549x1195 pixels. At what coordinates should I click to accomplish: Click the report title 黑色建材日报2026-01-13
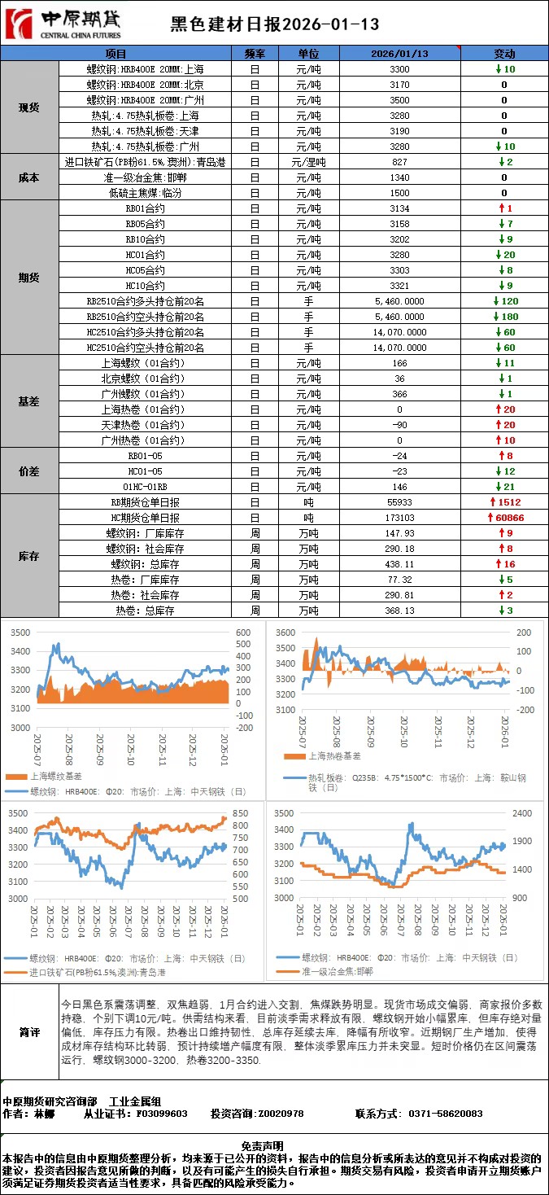pyautogui.click(x=275, y=25)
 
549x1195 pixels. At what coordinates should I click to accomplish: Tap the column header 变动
pyautogui.click(x=504, y=53)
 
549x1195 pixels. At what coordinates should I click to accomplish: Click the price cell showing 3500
pyautogui.click(x=399, y=100)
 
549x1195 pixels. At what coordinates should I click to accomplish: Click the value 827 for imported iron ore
pyautogui.click(x=399, y=162)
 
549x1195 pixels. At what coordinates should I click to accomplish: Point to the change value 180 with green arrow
pyautogui.click(x=505, y=317)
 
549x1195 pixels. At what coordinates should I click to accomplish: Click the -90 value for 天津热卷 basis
pyautogui.click(x=399, y=425)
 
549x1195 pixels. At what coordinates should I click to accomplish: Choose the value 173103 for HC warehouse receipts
pyautogui.click(x=399, y=518)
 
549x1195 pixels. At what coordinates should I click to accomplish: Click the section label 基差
pyautogui.click(x=29, y=401)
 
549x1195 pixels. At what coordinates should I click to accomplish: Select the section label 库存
pyautogui.click(x=29, y=556)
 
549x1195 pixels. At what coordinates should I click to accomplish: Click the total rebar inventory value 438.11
pyautogui.click(x=399, y=564)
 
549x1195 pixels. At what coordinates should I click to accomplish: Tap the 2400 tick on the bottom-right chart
pyautogui.click(x=522, y=812)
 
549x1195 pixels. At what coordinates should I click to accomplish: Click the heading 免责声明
pyautogui.click(x=274, y=1145)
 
